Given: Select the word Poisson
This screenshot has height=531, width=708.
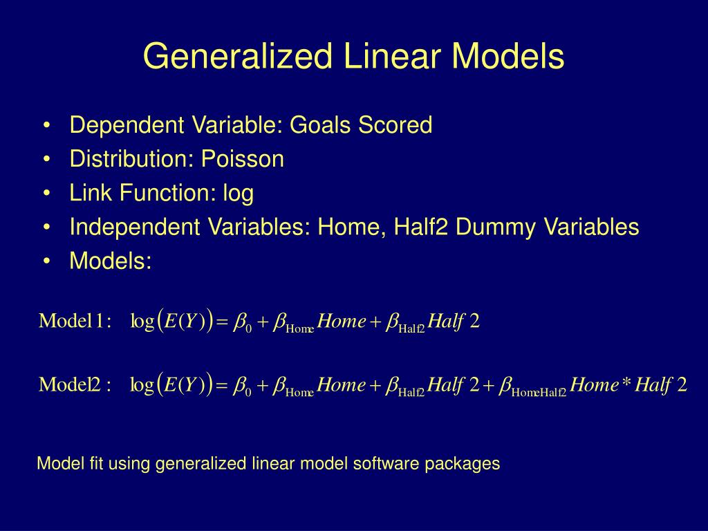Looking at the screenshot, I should click(243, 159).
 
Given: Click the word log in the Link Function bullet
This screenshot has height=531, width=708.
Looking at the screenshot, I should click(238, 194).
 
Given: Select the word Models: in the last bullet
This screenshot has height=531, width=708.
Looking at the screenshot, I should click(110, 261).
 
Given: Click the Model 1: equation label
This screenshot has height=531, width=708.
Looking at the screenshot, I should click(75, 322).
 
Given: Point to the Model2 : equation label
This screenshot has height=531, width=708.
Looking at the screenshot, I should click(75, 385).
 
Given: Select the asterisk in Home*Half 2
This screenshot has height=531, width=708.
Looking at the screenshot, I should click(626, 384).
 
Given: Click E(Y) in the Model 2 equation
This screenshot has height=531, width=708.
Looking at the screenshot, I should click(186, 385).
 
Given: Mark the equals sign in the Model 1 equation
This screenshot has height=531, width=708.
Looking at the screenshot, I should click(222, 322).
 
